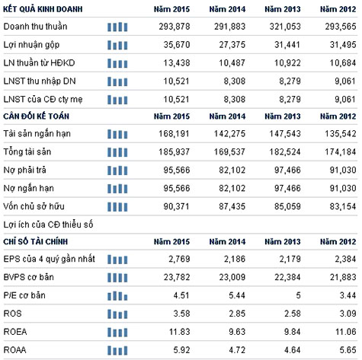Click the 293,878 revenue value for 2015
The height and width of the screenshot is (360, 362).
pyautogui.click(x=175, y=27)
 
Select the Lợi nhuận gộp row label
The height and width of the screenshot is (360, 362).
pyautogui.click(x=31, y=45)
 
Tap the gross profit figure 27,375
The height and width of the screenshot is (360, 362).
pyautogui.click(x=232, y=45)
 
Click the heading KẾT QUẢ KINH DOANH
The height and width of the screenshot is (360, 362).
pyautogui.click(x=43, y=9)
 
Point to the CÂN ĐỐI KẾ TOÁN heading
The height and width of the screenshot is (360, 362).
pyautogui.click(x=36, y=116)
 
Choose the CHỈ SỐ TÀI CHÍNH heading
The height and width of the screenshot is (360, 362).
pyautogui.click(x=36, y=241)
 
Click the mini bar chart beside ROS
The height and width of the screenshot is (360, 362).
pyautogui.click(x=117, y=314)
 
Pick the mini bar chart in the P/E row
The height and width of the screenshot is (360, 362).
pyautogui.click(x=117, y=295)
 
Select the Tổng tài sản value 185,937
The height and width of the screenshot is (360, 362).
pyautogui.click(x=174, y=151)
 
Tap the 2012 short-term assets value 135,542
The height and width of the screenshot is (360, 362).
pyautogui.click(x=341, y=133)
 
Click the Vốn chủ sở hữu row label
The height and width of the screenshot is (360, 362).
pyautogui.click(x=34, y=206)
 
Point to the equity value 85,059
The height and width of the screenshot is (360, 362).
pyautogui.click(x=287, y=206)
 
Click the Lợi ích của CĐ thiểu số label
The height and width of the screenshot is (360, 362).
pyautogui.click(x=48, y=225)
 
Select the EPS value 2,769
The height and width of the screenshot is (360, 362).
pyautogui.click(x=179, y=259)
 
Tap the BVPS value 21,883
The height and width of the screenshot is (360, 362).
pyautogui.click(x=343, y=277)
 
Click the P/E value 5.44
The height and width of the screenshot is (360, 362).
pyautogui.click(x=237, y=295)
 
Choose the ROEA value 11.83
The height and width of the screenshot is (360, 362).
pyautogui.click(x=179, y=332)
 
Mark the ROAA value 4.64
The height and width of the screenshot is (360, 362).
pyautogui.click(x=292, y=350)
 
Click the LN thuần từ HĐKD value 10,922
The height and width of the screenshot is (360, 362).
pyautogui.click(x=287, y=62)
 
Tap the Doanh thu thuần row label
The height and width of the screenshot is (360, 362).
pyautogui.click(x=35, y=27)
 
